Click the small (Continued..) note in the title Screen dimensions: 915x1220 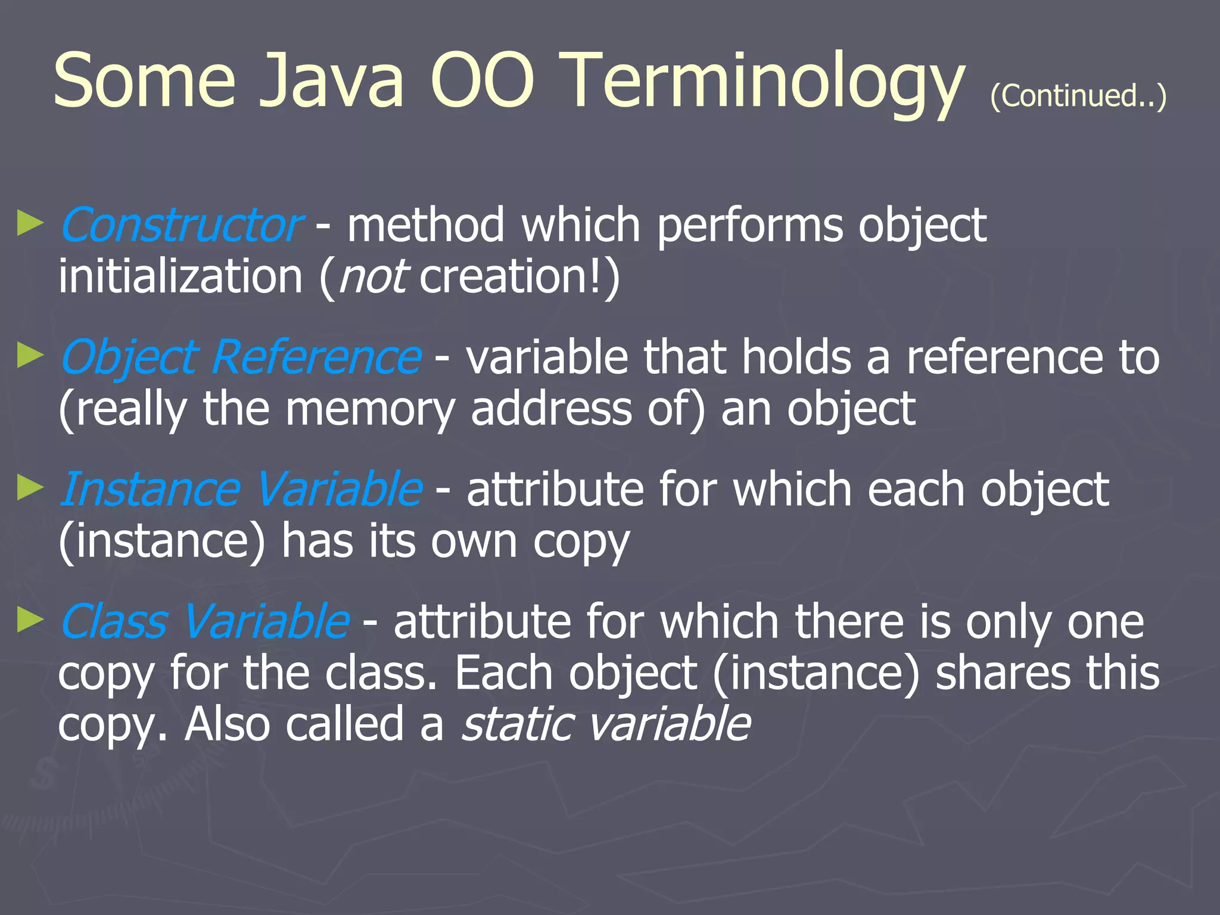click(1078, 96)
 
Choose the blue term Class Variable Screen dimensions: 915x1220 click(204, 621)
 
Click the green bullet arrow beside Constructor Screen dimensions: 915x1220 click(30, 223)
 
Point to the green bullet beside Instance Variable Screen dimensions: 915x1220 click(30, 487)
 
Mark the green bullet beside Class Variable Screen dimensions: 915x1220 click(30, 620)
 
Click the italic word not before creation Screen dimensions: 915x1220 click(373, 278)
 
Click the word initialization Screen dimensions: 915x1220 click(180, 278)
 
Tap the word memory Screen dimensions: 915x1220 click(370, 410)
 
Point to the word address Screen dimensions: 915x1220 click(551, 410)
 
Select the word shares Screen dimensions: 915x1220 click(1002, 673)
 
